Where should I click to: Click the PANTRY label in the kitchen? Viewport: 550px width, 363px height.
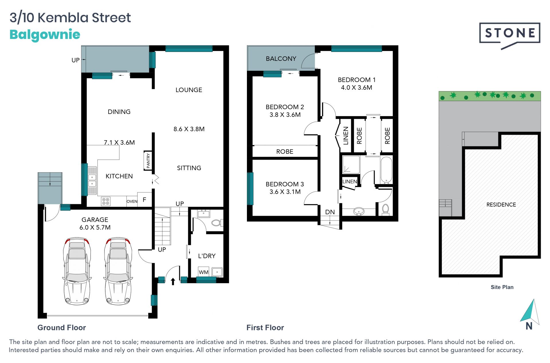click(148, 161)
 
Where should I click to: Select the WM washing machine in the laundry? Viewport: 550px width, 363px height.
click(204, 272)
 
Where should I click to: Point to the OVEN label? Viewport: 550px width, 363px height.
click(132, 201)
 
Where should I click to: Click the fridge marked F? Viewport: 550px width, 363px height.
click(145, 199)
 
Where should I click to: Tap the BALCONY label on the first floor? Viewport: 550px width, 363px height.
click(281, 59)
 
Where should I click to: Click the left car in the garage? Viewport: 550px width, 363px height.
click(77, 271)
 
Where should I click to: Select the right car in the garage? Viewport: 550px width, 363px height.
click(118, 271)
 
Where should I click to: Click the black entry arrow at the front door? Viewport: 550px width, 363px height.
click(173, 282)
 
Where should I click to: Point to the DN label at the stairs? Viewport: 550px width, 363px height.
click(330, 212)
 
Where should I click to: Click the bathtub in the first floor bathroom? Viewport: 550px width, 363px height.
click(386, 170)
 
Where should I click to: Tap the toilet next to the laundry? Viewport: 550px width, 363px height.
click(217, 223)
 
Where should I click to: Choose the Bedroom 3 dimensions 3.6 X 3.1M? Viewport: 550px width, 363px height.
click(285, 192)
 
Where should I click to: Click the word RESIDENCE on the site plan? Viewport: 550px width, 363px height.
click(501, 205)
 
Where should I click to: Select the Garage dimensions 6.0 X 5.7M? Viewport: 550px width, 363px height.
click(95, 227)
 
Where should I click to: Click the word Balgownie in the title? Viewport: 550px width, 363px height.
click(45, 35)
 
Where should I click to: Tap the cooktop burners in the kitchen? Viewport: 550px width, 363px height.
click(106, 201)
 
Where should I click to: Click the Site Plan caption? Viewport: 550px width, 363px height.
click(502, 287)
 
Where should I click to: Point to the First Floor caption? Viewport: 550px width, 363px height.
click(265, 328)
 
